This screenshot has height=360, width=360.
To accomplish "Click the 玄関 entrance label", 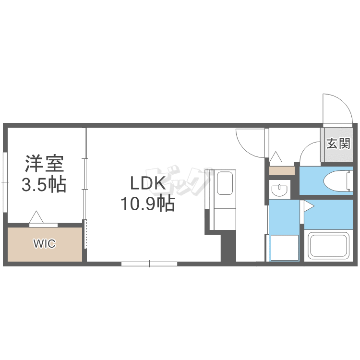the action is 338,144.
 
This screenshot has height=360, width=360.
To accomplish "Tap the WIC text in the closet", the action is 45,243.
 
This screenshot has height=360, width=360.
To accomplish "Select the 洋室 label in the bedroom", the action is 44,164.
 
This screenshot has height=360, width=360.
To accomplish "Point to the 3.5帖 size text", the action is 44,184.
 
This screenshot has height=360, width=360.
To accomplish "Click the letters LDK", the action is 148,183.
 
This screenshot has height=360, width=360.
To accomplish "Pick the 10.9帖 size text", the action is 148,203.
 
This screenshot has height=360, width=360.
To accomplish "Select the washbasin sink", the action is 279,191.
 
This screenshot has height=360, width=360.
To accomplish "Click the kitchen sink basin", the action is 225,183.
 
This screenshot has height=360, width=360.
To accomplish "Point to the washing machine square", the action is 284,248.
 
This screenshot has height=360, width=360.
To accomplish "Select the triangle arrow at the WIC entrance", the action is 36,216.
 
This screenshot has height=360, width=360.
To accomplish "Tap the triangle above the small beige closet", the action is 276,156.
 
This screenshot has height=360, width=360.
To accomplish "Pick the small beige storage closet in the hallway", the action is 282,171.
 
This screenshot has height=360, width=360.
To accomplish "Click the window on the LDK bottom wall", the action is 149,264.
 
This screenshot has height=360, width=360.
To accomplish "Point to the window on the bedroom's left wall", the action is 5,182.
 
